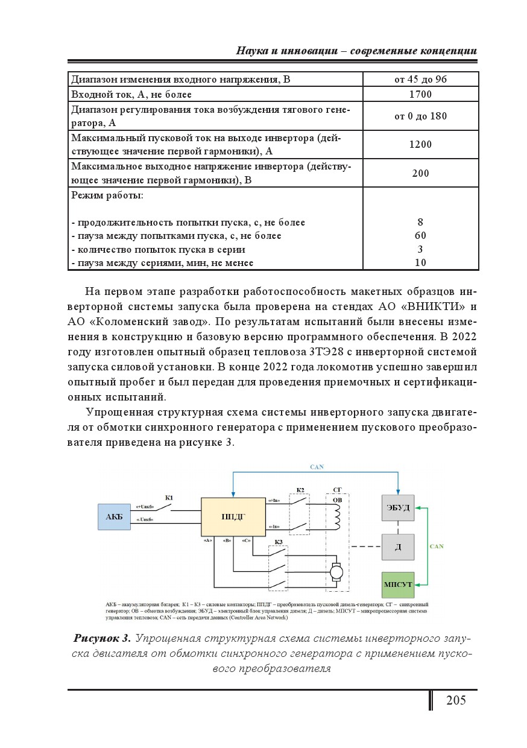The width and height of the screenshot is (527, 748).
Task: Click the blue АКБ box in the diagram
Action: pos(114,517)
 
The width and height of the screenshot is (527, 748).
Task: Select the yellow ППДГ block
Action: pos(233,517)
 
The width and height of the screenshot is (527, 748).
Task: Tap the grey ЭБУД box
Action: pos(397,508)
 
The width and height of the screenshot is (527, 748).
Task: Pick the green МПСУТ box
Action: pos(397,585)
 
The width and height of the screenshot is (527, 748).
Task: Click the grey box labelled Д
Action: pos(397,547)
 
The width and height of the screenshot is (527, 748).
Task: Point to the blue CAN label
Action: pos(316,468)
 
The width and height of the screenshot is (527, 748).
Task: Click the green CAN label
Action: pos(437,546)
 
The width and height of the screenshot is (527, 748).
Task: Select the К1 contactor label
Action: pos(169,498)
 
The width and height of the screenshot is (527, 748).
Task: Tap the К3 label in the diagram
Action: pos(279,542)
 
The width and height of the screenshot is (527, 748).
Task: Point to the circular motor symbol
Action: pos(336,571)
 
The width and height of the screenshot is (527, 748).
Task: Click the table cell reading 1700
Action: pos(420,94)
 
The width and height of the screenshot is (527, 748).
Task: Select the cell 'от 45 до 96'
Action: pos(420,80)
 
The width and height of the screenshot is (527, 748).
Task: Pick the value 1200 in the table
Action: pos(420,145)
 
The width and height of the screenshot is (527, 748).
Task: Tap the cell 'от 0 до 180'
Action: pos(420,116)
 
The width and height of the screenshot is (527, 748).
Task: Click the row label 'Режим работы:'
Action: pos(107,195)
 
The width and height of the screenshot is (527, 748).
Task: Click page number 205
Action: pos(456,700)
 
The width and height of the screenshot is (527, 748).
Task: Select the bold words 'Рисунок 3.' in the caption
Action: pos(102,639)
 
